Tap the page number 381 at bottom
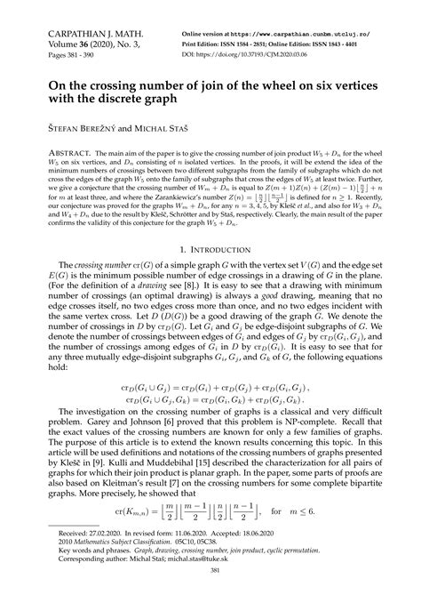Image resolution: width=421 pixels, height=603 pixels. point(210,594)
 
